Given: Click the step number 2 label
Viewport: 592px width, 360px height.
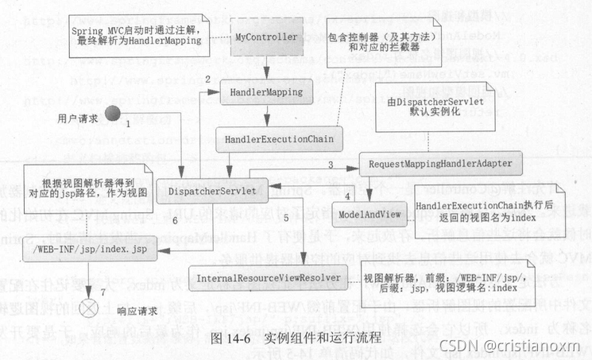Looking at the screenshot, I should click(207, 79).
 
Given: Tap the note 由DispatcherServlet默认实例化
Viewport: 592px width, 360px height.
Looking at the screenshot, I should click(437, 114).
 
